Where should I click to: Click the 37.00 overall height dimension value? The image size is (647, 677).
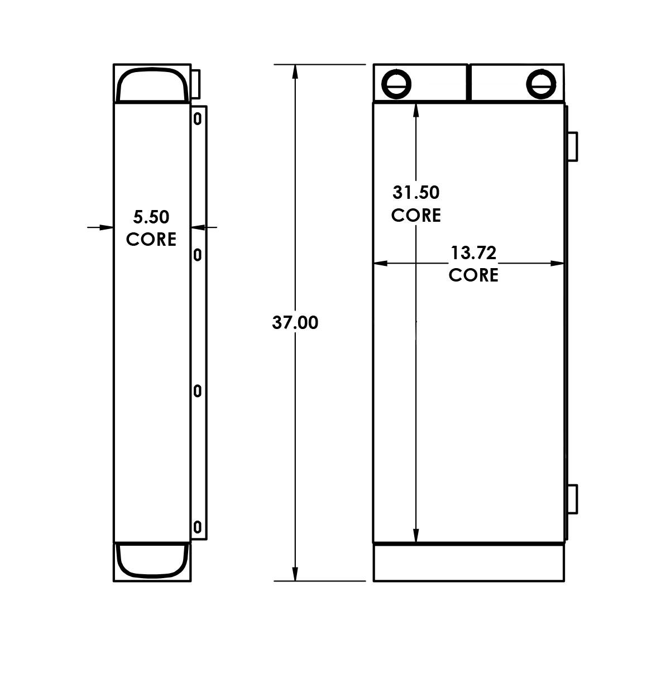point(295,323)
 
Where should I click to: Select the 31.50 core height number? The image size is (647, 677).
point(416,193)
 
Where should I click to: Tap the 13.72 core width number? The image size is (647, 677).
point(473,253)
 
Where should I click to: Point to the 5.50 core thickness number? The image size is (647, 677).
point(151,217)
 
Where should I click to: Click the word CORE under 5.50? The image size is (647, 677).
point(151,239)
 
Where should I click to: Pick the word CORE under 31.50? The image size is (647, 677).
point(416,215)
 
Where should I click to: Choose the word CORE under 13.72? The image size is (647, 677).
point(473,275)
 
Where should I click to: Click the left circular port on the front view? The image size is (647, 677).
point(396,84)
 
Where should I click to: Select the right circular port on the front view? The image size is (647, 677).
point(541,83)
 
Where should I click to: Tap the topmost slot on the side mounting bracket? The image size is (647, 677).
point(197,118)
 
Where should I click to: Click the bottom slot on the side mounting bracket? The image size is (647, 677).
point(197,527)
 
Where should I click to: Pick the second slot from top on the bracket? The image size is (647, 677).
point(197,255)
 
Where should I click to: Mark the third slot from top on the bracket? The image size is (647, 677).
point(197,392)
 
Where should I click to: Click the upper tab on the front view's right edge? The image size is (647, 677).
point(573,146)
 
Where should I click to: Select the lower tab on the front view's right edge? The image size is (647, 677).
point(573,499)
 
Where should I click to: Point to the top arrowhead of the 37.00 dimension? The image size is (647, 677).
point(295,70)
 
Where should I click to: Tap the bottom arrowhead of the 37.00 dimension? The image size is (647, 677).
point(295,575)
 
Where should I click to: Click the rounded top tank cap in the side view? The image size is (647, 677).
point(151,85)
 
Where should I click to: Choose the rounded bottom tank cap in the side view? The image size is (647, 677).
point(151,560)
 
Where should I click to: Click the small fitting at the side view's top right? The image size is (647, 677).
point(195,83)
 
